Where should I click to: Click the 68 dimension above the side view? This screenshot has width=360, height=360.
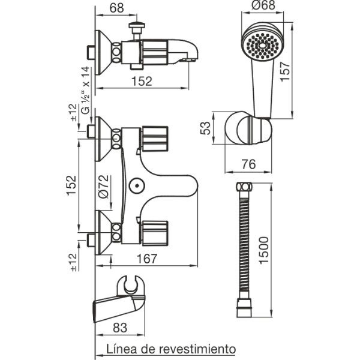(x=116, y=8)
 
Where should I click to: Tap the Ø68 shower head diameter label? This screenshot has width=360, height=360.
(x=263, y=5)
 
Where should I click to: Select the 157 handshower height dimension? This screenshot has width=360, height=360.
(x=286, y=71)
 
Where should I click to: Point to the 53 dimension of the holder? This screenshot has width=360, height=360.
(x=205, y=128)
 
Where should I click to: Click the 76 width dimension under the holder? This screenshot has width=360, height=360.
(x=248, y=164)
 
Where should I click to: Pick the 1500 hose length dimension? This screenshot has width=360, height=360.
(x=264, y=250)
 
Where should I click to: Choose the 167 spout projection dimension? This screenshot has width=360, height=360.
(x=147, y=259)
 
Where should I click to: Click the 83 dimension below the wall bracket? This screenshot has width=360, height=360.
(x=120, y=328)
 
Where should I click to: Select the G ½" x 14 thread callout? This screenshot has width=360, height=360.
(x=86, y=90)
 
